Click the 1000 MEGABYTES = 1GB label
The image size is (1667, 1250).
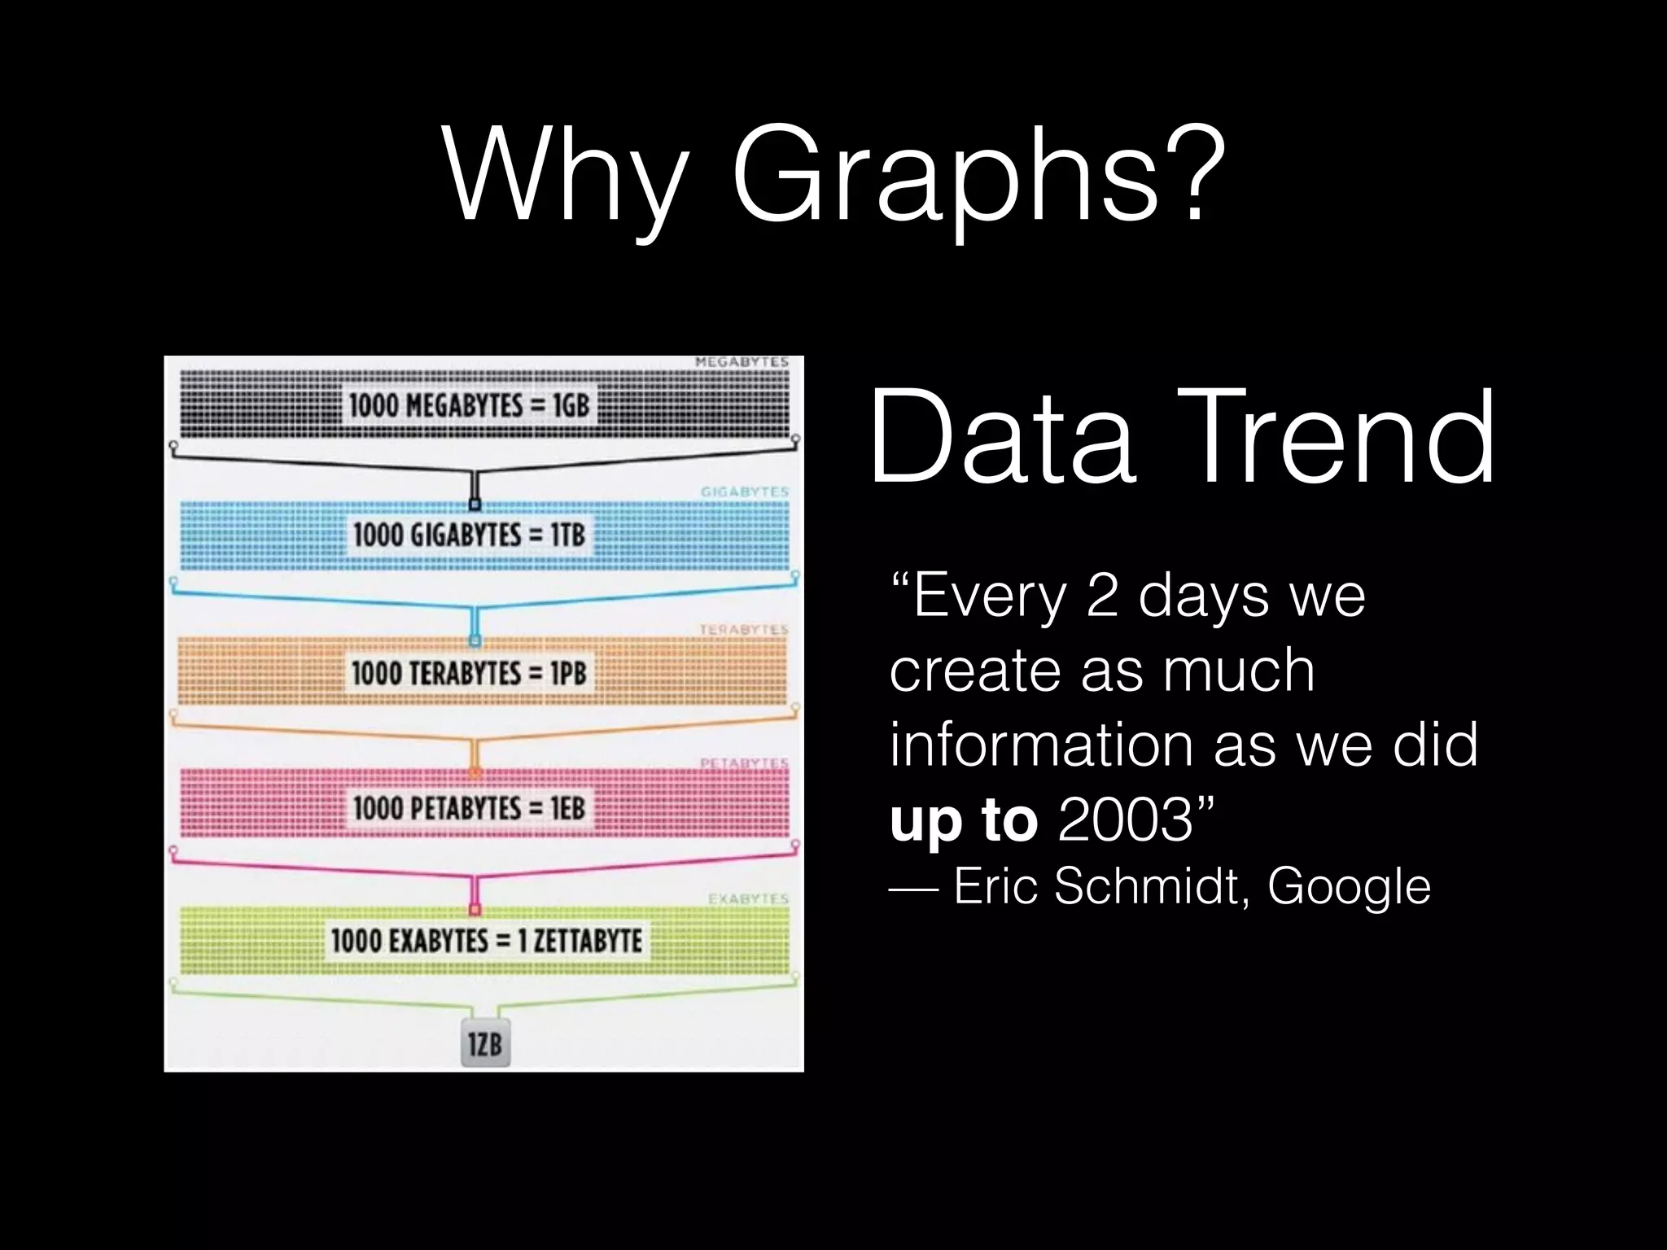[x=469, y=405]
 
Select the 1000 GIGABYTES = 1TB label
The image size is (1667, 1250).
[x=469, y=535]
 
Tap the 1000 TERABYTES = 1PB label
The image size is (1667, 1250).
[x=469, y=673]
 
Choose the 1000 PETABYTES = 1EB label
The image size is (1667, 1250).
[x=469, y=808]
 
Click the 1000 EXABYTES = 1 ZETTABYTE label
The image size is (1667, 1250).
[x=486, y=941]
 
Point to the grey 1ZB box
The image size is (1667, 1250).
[x=485, y=1042]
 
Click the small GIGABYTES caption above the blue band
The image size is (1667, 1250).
[x=744, y=492]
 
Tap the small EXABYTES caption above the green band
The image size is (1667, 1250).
[x=748, y=899]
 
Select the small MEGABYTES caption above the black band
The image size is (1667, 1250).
[x=742, y=362]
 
